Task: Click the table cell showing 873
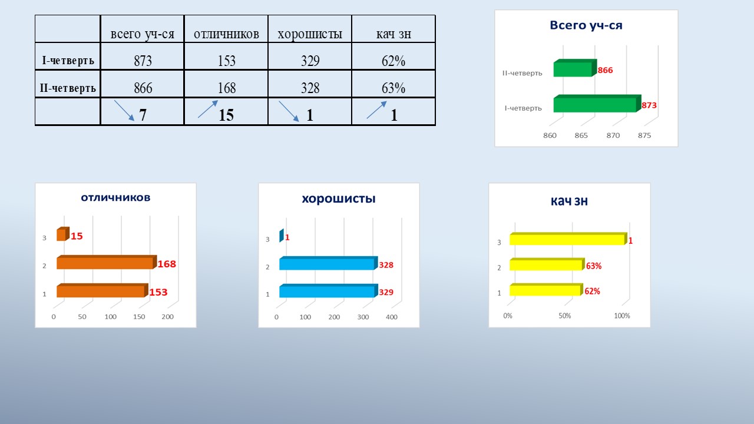pyautogui.click(x=143, y=57)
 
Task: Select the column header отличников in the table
pyautogui.click(x=226, y=34)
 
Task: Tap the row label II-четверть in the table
pyautogui.click(x=68, y=88)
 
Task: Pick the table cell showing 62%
pyautogui.click(x=393, y=57)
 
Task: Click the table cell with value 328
pyautogui.click(x=310, y=84)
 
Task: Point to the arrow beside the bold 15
pyautogui.click(x=208, y=109)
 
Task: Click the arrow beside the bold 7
pyautogui.click(x=124, y=110)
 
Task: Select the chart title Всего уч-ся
pyautogui.click(x=586, y=25)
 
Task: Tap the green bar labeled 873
pyautogui.click(x=597, y=104)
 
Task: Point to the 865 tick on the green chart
pyautogui.click(x=581, y=135)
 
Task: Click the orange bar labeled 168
pyautogui.click(x=107, y=262)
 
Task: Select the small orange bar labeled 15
pyautogui.click(x=62, y=234)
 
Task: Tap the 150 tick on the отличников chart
pyautogui.click(x=139, y=317)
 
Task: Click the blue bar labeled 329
pyautogui.click(x=328, y=291)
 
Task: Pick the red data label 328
pyautogui.click(x=386, y=265)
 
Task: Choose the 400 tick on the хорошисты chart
pyautogui.click(x=392, y=317)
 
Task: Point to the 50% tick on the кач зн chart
pyautogui.click(x=564, y=316)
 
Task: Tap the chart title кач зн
pyautogui.click(x=569, y=201)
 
